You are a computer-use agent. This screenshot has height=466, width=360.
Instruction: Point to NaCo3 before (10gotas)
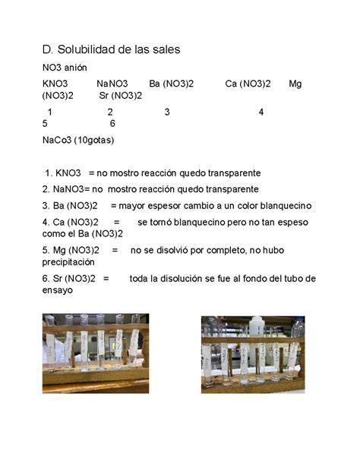[58, 139]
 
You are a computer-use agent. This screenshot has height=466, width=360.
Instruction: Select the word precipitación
[74, 261]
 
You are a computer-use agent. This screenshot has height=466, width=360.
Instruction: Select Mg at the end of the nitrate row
[295, 83]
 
